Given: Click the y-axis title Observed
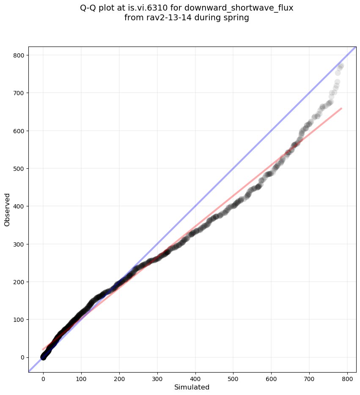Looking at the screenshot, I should [7, 209].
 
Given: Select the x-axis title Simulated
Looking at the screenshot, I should [192, 387].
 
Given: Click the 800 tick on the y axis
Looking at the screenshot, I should [20, 55].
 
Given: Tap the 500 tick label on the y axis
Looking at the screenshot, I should [20, 169].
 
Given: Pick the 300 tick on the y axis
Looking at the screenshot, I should [20, 244].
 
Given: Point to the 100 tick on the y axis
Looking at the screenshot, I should [20, 320].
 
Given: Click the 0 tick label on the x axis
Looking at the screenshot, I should [43, 376].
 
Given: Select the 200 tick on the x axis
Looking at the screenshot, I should [119, 376].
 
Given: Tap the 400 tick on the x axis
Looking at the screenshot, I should [195, 376].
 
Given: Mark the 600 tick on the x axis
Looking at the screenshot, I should [272, 376].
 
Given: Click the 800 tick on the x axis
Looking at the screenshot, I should [348, 376].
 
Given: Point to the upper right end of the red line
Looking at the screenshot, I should [341, 108].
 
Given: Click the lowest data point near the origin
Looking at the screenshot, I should [43, 357].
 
